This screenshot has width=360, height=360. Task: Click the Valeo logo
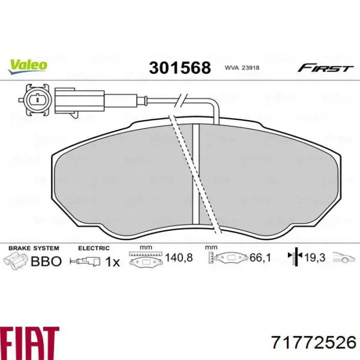[27, 64]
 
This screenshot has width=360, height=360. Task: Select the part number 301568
[180, 67]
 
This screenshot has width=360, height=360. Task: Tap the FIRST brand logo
[325, 68]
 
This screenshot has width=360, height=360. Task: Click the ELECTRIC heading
[94, 248]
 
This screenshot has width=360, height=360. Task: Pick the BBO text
[46, 261]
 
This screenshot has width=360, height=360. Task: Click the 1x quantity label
[112, 261]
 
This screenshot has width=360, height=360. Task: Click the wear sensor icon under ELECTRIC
[87, 261]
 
